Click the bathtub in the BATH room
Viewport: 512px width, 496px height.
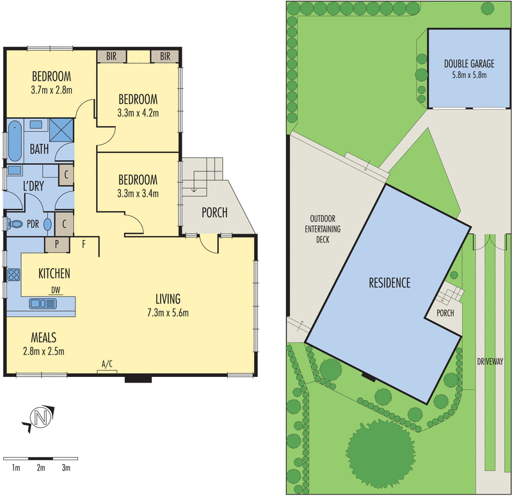15,141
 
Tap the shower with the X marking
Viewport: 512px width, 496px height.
61,130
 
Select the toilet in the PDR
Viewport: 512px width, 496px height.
15,224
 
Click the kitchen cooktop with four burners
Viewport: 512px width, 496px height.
13,275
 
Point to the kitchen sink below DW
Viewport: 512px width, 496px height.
43,303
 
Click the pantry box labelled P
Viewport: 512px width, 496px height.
57,244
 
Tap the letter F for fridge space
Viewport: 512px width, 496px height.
84,244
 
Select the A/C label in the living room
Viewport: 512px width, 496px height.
107,364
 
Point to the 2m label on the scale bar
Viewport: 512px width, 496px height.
41,468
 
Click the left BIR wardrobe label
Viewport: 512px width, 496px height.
111,56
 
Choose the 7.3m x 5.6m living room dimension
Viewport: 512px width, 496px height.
168,313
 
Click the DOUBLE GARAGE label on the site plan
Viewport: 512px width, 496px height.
469,63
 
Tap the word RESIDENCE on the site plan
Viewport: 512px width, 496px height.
390,283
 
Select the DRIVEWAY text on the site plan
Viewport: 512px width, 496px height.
490,361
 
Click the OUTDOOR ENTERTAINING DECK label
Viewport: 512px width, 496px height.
323,229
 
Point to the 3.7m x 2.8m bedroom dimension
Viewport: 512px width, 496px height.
52,90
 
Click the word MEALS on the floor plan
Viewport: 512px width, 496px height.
44,337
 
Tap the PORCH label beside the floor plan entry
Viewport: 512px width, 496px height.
214,212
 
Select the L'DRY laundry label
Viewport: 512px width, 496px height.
33,186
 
